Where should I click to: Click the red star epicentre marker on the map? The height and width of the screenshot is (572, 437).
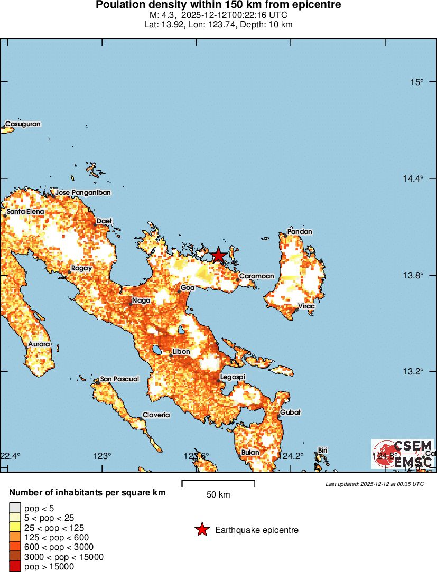218,256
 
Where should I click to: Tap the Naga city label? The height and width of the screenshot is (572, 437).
141,301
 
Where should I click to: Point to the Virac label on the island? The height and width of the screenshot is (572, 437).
306,306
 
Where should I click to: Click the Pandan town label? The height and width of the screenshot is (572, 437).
300,231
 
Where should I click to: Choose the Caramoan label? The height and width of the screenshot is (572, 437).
256,276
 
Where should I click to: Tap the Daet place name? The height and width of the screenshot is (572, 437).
105,221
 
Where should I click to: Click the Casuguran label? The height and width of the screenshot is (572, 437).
23,124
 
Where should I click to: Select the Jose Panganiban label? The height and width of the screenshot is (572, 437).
83,193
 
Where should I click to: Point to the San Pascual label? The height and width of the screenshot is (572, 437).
119,379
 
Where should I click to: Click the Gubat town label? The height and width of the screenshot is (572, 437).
290,412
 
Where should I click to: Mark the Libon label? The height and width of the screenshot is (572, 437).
182,352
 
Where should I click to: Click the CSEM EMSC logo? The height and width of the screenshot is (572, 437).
403,454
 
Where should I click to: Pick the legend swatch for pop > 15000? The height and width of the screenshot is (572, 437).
15,567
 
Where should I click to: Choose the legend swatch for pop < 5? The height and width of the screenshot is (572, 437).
15,509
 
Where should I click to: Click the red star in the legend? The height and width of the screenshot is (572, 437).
202,530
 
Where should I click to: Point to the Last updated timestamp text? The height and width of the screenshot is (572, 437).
374,483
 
